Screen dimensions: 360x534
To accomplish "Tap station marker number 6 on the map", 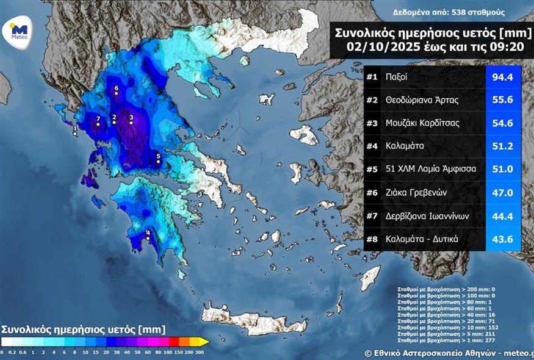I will pos(116,93).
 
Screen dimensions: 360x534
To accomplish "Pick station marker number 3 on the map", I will pos(131,122).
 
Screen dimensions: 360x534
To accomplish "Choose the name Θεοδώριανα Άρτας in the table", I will pos(422,100).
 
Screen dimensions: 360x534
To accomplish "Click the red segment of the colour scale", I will pos(173,341).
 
